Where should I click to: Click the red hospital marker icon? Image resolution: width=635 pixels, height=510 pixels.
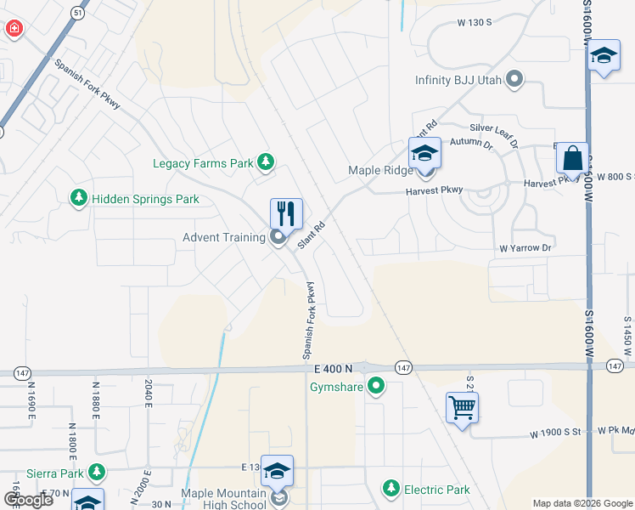(14, 30)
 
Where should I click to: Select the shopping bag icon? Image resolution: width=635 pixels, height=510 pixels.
(573, 157)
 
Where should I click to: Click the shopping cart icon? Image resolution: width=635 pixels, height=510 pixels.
(462, 407)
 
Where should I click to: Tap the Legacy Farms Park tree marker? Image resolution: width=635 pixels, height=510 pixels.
(266, 161)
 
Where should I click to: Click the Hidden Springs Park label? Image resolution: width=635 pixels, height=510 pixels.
(145, 199)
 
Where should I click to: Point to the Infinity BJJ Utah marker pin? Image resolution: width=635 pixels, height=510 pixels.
(514, 80)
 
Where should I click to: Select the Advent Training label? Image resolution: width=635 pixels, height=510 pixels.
(224, 237)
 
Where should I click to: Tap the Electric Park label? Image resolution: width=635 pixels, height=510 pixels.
(437, 489)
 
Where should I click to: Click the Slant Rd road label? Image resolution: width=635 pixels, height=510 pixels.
(312, 235)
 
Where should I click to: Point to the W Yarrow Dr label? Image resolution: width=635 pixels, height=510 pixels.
(525, 248)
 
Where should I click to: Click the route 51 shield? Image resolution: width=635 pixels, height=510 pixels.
(78, 14)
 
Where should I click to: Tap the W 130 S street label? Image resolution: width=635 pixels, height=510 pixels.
(474, 23)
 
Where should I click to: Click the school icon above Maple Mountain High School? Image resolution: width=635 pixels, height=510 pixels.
(278, 470)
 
